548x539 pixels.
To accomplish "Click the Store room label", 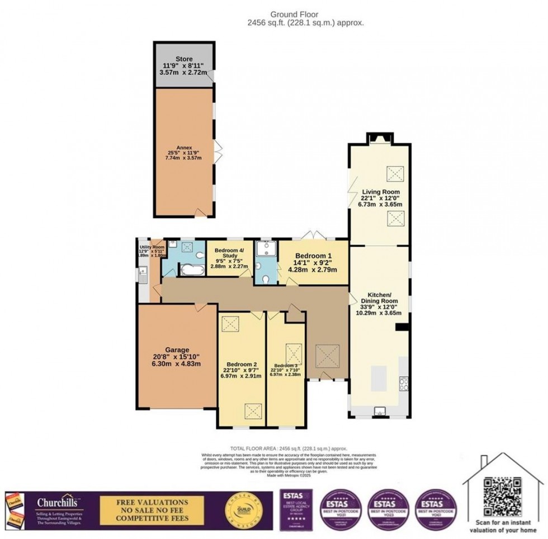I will pyautogui.click(x=184, y=58).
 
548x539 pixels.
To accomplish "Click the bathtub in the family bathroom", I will pyautogui.click(x=192, y=271).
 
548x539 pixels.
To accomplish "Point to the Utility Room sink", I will pyautogui.click(x=143, y=273).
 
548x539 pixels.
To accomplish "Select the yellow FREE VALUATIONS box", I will pyautogui.click(x=152, y=509).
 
